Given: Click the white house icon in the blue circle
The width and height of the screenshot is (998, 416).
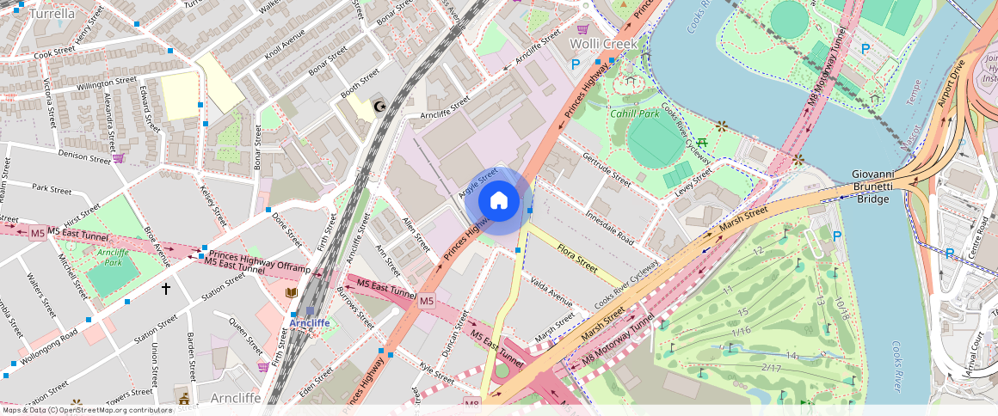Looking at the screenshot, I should (x=498, y=201).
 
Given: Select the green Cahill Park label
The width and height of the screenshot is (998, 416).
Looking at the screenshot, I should (x=634, y=113).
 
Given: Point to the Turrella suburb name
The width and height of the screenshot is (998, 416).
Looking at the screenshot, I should (x=51, y=14).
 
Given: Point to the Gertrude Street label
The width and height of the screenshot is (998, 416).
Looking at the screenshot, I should (x=607, y=168).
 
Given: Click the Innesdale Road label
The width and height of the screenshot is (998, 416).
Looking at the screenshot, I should (x=609, y=227).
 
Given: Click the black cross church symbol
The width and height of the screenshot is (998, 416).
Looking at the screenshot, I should (x=166, y=290).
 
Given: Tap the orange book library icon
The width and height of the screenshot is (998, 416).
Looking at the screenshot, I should (x=292, y=293).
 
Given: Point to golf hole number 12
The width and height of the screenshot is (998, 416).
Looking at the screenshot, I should (x=757, y=251).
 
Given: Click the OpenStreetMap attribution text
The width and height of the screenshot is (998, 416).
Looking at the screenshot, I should (x=86, y=410).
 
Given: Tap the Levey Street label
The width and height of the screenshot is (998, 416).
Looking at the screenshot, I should (x=693, y=181).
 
